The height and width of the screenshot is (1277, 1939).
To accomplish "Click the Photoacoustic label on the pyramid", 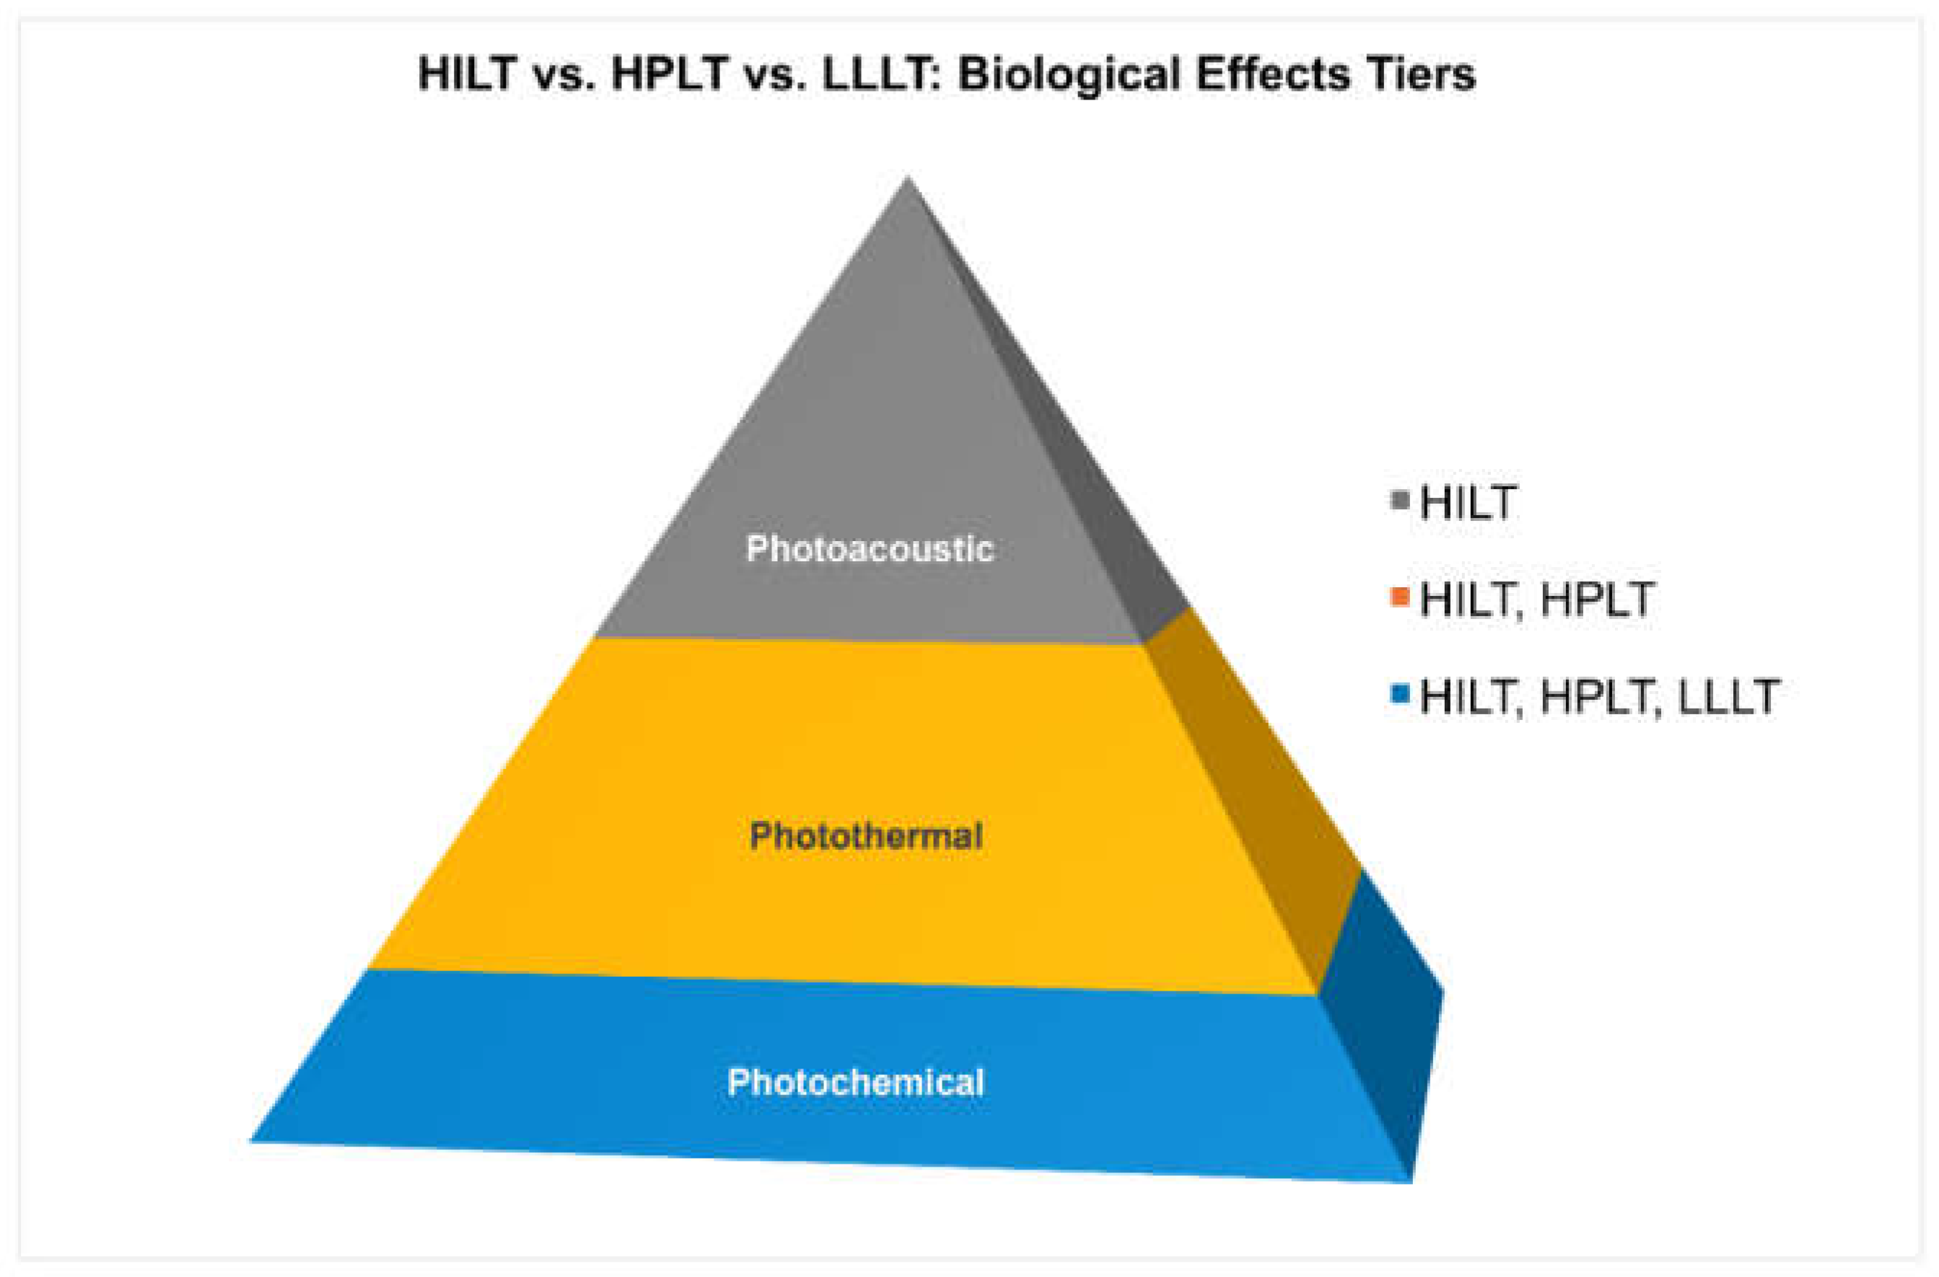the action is click(870, 549).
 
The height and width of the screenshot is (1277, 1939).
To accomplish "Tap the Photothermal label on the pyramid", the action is click(866, 835).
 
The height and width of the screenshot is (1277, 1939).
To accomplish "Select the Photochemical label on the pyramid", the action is click(855, 1082).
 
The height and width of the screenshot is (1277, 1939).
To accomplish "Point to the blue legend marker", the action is click(1401, 695).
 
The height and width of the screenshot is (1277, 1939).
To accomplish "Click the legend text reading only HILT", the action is click(1467, 502).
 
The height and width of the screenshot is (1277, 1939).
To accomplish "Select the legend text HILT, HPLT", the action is click(1536, 600).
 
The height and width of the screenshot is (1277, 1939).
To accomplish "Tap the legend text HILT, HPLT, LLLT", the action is click(1599, 697).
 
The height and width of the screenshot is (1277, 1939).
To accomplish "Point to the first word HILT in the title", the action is click(467, 74).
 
